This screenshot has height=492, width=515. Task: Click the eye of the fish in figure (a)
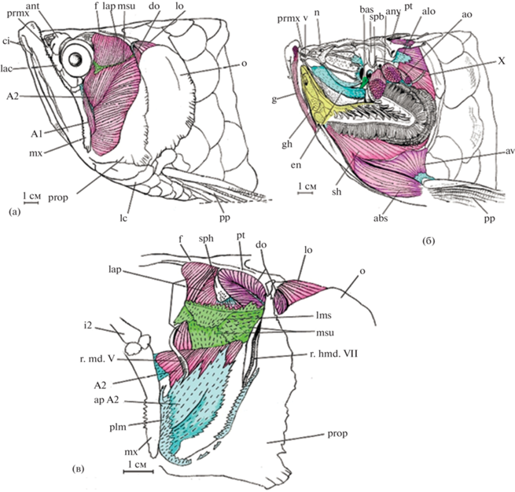click(77, 58)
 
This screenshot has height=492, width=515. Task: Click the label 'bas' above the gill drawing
click(366, 9)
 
